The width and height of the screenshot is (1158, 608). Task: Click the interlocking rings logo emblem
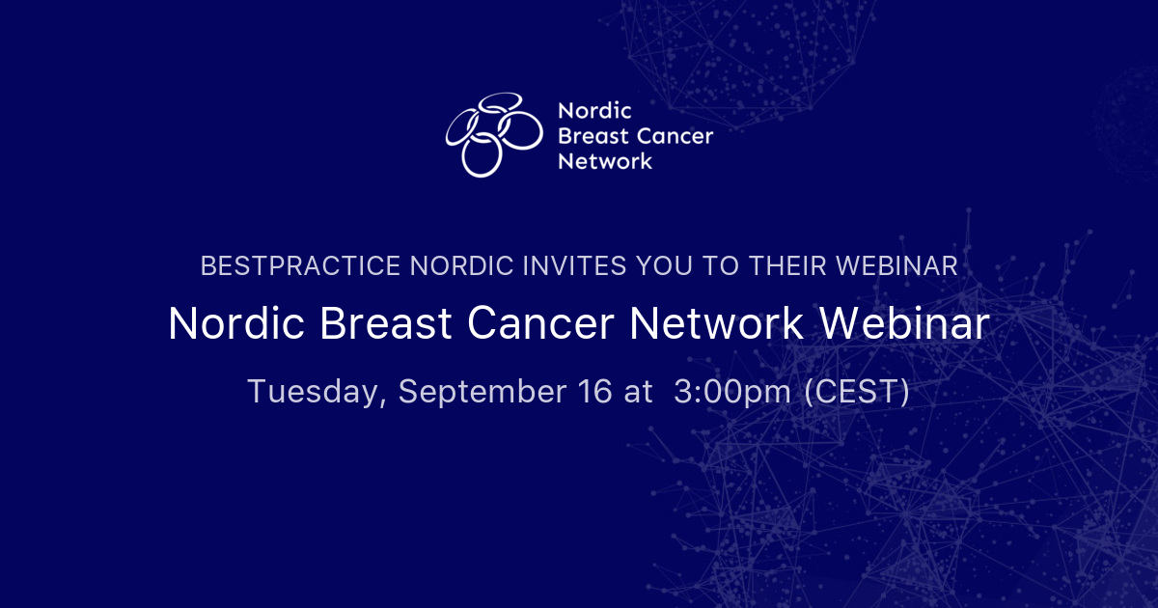pos(493,135)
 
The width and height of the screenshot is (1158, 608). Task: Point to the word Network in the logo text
pos(605,161)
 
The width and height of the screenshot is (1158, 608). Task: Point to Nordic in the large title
pos(235,324)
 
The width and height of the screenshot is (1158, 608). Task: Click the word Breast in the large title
pos(385,324)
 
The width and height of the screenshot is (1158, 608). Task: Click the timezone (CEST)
pos(858,393)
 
